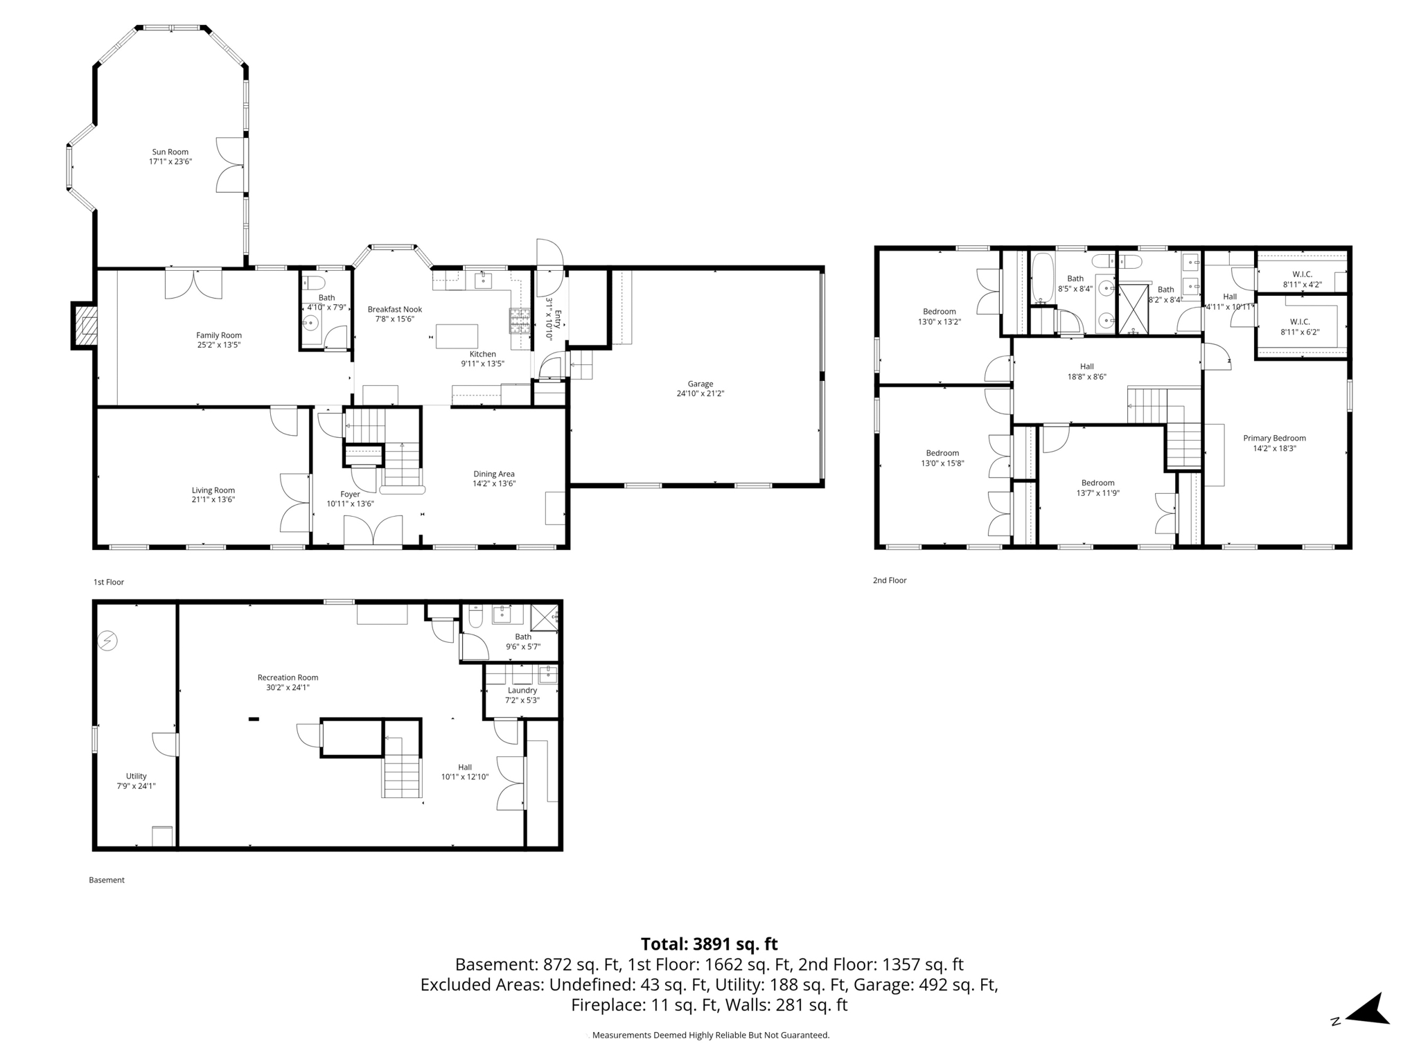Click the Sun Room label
click(170, 152)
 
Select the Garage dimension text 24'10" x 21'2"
click(700, 393)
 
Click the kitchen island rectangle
click(457, 336)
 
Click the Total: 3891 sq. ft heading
click(709, 944)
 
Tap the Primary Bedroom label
click(1273, 438)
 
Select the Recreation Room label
click(288, 677)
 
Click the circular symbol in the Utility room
click(107, 641)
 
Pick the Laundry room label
click(522, 690)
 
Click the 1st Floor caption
click(109, 582)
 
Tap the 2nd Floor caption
click(890, 580)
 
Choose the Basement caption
click(107, 880)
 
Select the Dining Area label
click(494, 474)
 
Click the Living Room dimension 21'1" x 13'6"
click(213, 499)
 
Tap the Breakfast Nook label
click(394, 310)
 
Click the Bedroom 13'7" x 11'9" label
click(1098, 483)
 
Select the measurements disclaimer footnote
click(710, 1035)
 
